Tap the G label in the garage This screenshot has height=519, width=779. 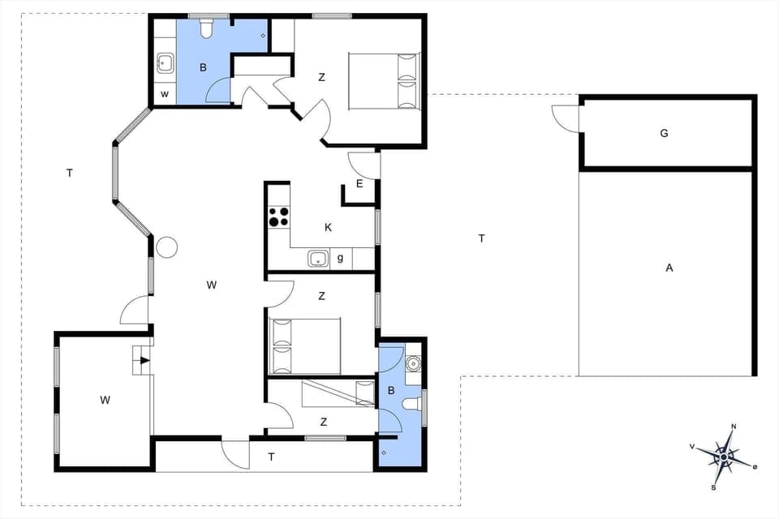coord(664,133)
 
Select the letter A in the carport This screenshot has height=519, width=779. coord(669,268)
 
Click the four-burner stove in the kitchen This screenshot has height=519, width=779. coord(278,217)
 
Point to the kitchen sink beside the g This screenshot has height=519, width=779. coord(316,259)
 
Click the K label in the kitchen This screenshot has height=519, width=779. coord(328,228)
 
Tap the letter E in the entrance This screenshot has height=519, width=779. coord(359,184)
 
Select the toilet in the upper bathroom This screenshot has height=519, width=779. coord(205,29)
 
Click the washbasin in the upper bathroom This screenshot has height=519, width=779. coord(165,62)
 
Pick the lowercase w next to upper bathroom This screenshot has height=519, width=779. coord(164,95)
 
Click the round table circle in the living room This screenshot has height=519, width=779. coord(167,247)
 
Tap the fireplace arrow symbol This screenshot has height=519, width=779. coord(144,361)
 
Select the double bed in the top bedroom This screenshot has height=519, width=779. coord(384,80)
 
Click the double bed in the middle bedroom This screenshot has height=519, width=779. coord(305,345)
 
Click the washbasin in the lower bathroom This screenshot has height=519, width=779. coord(412,362)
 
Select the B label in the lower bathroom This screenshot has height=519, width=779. coord(391,391)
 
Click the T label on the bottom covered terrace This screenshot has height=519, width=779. coord(272,457)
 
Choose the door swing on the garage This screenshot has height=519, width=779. coord(566,116)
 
